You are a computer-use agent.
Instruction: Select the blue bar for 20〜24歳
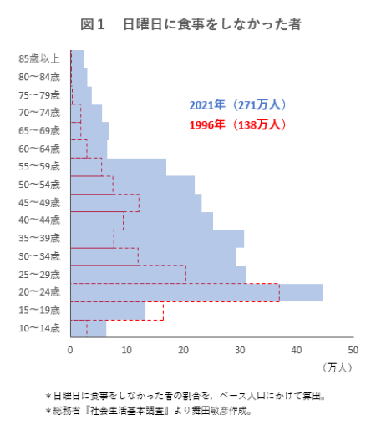click(x=196, y=292)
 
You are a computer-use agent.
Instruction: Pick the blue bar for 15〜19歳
click(x=108, y=311)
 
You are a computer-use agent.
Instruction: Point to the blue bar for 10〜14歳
click(x=88, y=329)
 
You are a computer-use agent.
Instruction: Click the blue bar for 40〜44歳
click(x=141, y=220)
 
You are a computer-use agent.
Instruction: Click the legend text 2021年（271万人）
click(x=238, y=105)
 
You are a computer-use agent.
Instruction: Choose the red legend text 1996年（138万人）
click(x=238, y=124)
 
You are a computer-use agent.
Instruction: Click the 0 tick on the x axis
click(x=71, y=349)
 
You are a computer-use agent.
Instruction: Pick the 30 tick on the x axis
click(x=241, y=349)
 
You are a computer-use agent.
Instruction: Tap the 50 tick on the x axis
click(x=353, y=349)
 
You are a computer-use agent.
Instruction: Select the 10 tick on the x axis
click(x=127, y=349)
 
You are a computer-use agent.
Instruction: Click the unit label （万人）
click(x=338, y=367)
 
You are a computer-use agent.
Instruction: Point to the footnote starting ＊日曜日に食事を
click(x=184, y=396)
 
